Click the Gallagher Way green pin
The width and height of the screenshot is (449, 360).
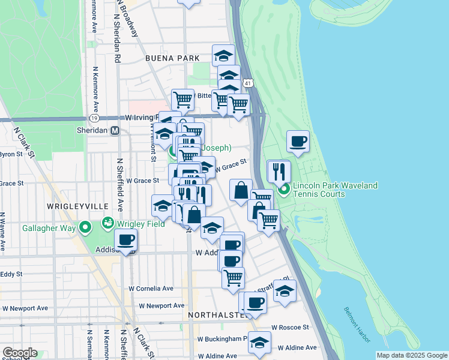[x=85, y=227]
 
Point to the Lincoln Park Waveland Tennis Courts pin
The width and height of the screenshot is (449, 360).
[x=284, y=191]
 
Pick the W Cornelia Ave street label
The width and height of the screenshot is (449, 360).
[x=151, y=288]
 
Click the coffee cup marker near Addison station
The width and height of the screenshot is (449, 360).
[x=125, y=240]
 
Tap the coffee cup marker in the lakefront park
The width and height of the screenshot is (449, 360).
[x=298, y=142]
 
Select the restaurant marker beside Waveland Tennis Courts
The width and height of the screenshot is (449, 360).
[x=278, y=171]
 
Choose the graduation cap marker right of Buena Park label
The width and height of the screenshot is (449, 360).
[x=224, y=56]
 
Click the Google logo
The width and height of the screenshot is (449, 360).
[x=19, y=353]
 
